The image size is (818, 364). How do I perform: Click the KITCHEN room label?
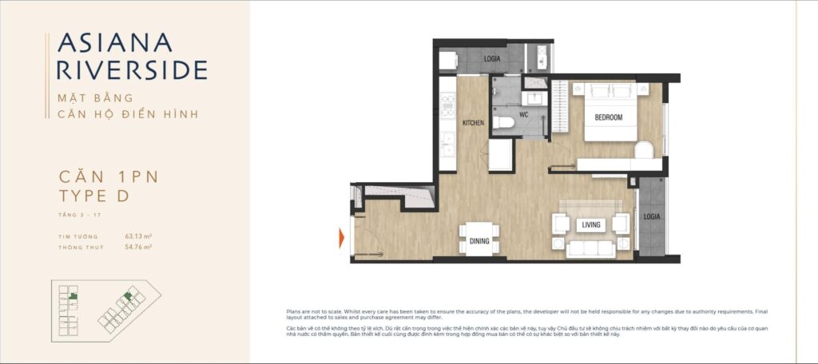(x=475, y=122)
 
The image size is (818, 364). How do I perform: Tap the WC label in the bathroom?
(x=524, y=114)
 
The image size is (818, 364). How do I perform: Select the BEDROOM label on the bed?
(x=609, y=117)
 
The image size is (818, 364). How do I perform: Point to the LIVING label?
(x=591, y=224)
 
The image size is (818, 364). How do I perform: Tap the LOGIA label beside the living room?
(x=653, y=216)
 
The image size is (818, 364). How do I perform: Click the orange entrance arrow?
(x=342, y=237)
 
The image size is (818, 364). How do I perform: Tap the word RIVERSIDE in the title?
(x=132, y=69)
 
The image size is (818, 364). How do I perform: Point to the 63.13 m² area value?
(x=138, y=236)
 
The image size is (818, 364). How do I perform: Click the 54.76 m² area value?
(x=138, y=247)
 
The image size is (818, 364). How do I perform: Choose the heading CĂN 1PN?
(x=109, y=177)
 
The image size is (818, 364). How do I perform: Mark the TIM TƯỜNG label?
(x=77, y=237)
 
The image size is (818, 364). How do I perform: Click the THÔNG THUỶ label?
(x=81, y=248)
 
